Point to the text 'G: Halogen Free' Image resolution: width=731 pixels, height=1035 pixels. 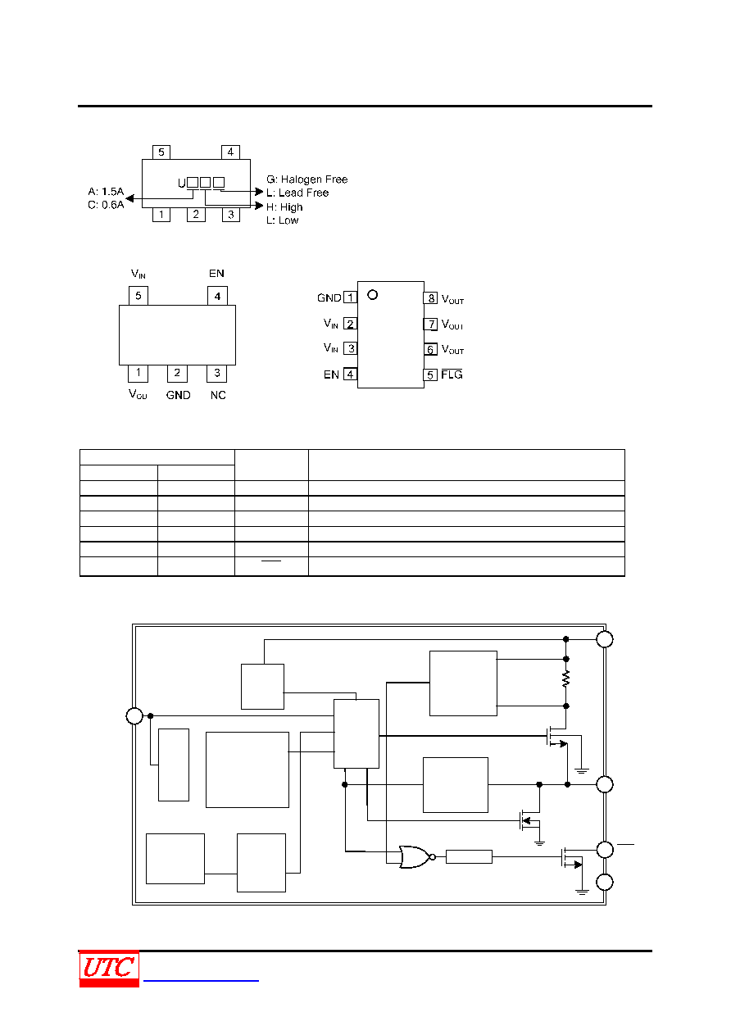(306, 179)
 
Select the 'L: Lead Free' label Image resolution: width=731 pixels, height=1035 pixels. (297, 193)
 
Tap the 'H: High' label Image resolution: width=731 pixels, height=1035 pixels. (284, 207)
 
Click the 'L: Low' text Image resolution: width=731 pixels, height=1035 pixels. (282, 220)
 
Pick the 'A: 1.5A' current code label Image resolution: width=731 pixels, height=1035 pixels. (106, 191)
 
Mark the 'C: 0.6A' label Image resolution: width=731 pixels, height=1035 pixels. (106, 205)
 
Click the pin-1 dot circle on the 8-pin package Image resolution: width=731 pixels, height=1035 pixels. (372, 295)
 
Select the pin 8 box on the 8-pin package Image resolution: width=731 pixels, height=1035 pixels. (431, 298)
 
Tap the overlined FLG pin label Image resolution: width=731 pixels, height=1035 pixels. (452, 375)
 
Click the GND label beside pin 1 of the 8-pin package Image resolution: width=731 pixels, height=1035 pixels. (329, 298)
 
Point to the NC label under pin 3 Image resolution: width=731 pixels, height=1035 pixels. (218, 396)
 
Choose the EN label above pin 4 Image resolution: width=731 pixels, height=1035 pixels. (216, 274)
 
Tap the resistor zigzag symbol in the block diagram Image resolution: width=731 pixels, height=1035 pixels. (566, 679)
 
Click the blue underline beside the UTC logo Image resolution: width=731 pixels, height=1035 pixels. (201, 980)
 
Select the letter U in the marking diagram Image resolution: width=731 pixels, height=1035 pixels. (182, 184)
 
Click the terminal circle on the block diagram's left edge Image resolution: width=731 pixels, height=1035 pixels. (134, 716)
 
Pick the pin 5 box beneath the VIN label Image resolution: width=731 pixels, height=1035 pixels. (138, 296)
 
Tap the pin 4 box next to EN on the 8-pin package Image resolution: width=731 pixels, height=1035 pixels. (350, 375)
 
